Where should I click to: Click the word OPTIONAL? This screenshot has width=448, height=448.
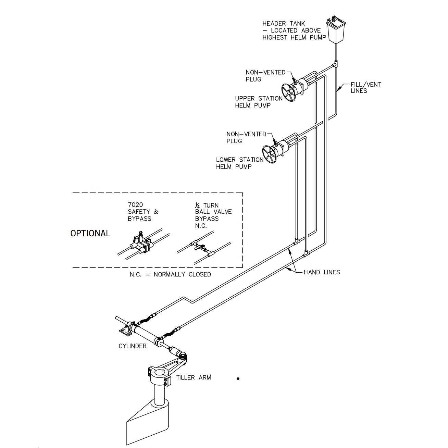pyautogui.click(x=90, y=234)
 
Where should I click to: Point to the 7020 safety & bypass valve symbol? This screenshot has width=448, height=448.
pyautogui.click(x=140, y=244)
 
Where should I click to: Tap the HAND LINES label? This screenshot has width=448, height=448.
pyautogui.click(x=322, y=272)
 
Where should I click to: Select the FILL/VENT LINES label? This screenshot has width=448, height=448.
pyautogui.click(x=365, y=88)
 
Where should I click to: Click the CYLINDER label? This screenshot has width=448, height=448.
pyautogui.click(x=133, y=346)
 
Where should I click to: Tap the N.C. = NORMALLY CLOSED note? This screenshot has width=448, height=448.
pyautogui.click(x=170, y=274)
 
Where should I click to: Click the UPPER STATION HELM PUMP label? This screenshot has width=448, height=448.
pyautogui.click(x=259, y=102)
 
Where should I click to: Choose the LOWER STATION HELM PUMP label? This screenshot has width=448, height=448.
pyautogui.click(x=239, y=163)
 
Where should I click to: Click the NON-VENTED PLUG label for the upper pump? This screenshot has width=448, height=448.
pyautogui.click(x=265, y=76)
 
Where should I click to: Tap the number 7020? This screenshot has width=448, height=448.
pyautogui.click(x=135, y=205)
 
